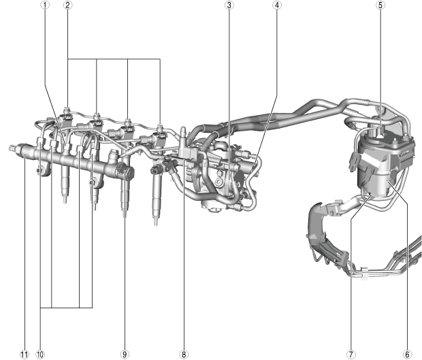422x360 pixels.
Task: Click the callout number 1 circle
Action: click(45, 5)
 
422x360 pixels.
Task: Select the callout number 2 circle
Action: click(68, 5)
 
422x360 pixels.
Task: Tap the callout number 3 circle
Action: click(229, 5)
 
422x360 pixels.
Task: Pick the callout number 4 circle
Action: click(277, 5)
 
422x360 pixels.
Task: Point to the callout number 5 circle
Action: click(380, 5)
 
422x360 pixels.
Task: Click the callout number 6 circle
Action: click(407, 355)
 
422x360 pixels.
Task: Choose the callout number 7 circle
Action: click(351, 355)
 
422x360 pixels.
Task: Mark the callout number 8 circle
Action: click(184, 355)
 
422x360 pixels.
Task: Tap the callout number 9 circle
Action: click(125, 355)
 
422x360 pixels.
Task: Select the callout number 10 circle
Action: click(40, 355)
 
